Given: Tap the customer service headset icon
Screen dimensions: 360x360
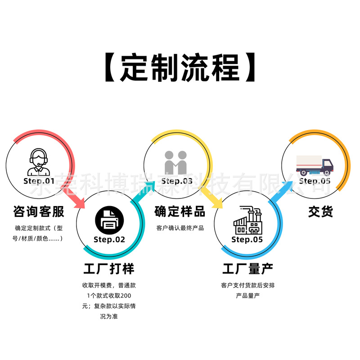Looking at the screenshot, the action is click(39, 162).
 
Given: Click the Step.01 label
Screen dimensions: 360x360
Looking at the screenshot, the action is click(39, 181).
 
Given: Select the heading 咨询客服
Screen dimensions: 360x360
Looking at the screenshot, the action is click(39, 211).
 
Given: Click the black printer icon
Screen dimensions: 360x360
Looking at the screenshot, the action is click(109, 220).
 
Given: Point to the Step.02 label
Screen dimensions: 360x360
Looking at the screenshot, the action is click(109, 239).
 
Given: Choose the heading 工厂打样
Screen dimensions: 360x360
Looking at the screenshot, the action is click(109, 269).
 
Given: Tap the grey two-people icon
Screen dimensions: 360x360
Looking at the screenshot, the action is click(176, 162).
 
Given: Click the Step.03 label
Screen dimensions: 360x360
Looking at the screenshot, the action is click(177, 181).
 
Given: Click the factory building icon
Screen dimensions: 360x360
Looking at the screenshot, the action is click(247, 220).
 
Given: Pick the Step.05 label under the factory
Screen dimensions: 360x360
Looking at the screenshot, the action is click(247, 239).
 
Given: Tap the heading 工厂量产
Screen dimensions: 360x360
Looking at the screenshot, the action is click(247, 269).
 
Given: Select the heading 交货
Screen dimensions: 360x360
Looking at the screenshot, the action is click(321, 211).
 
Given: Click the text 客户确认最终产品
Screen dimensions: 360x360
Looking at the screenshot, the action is click(180, 228).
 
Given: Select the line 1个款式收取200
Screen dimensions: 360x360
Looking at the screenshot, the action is click(109, 296).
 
